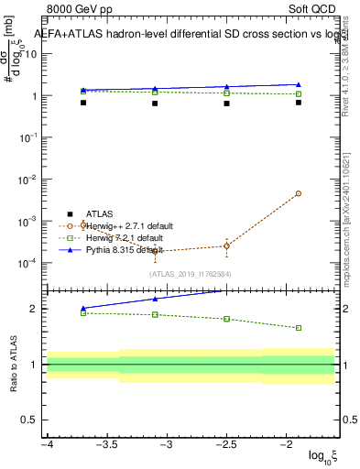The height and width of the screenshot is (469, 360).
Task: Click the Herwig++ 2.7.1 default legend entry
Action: click(127, 225)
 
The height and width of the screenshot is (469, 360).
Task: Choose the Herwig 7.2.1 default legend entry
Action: click(123, 237)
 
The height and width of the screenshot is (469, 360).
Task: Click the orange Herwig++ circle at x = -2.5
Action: click(226, 245)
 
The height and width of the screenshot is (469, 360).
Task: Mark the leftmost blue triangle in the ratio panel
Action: click(83, 309)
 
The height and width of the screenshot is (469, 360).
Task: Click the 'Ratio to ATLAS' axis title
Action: click(12, 366)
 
